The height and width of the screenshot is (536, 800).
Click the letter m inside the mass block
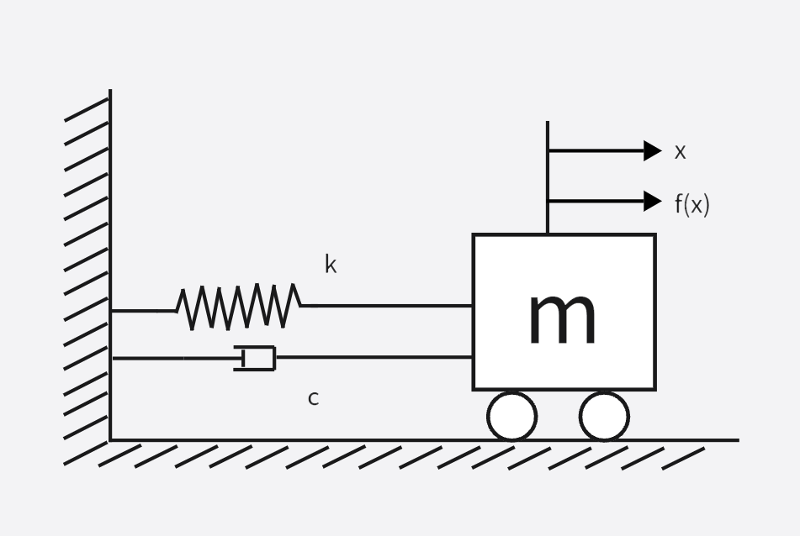[x=562, y=318]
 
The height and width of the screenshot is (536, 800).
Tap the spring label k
[x=331, y=265]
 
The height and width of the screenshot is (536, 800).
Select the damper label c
[x=313, y=399]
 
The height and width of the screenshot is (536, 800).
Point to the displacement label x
[x=680, y=152]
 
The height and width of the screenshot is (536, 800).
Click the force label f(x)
[x=691, y=203]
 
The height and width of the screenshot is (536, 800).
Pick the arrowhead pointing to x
[x=652, y=151]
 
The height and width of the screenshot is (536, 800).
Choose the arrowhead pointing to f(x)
[x=652, y=202]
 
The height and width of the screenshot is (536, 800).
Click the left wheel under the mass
[x=511, y=416]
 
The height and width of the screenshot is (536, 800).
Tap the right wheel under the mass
[x=604, y=416]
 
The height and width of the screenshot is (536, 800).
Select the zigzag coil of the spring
[x=239, y=307]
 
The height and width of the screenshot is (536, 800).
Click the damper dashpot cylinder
[x=257, y=358]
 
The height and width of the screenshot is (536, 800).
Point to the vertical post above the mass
[x=548, y=176]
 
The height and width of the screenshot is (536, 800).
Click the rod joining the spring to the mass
[x=387, y=306]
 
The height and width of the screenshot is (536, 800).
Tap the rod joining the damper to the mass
[x=374, y=357]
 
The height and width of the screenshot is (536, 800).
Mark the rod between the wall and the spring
[x=143, y=311]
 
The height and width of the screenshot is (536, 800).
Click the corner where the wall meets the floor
[x=110, y=440]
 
